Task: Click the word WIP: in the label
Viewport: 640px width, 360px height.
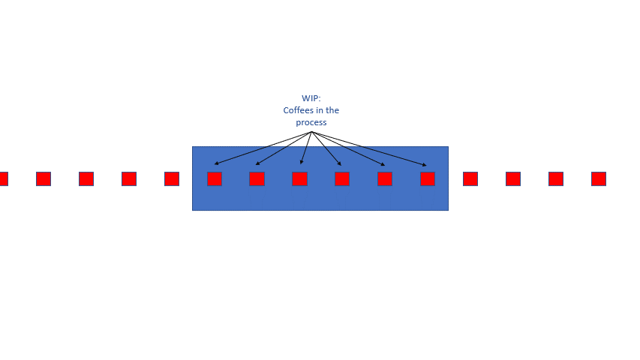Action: tap(311, 98)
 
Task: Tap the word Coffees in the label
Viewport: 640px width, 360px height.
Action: tap(299, 110)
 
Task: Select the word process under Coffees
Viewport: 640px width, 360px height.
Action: tap(311, 122)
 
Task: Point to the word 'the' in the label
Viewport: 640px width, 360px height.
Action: tap(332, 110)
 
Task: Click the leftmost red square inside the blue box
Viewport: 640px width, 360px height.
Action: tap(215, 178)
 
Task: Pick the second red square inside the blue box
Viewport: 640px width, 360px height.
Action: tap(257, 178)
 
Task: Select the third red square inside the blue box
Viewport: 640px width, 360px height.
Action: tap(299, 178)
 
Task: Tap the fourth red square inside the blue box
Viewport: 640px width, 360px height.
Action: tap(342, 178)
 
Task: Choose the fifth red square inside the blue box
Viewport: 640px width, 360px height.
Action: tap(385, 178)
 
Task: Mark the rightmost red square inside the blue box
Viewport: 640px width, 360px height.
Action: tap(428, 178)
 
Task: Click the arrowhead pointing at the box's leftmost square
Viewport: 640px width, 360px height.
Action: tap(216, 163)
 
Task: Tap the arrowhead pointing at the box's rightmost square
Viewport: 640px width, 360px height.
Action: tap(425, 164)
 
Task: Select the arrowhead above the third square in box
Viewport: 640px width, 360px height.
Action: tap(301, 162)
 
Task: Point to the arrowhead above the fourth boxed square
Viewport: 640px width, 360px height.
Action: tap(339, 163)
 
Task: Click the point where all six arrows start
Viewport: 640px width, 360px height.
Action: tap(311, 132)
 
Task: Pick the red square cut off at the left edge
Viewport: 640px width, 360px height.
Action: tap(3, 178)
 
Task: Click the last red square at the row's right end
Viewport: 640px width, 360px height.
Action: tap(599, 178)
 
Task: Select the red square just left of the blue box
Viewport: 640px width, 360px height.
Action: tap(172, 178)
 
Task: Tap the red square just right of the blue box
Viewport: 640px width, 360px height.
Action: tap(470, 178)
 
